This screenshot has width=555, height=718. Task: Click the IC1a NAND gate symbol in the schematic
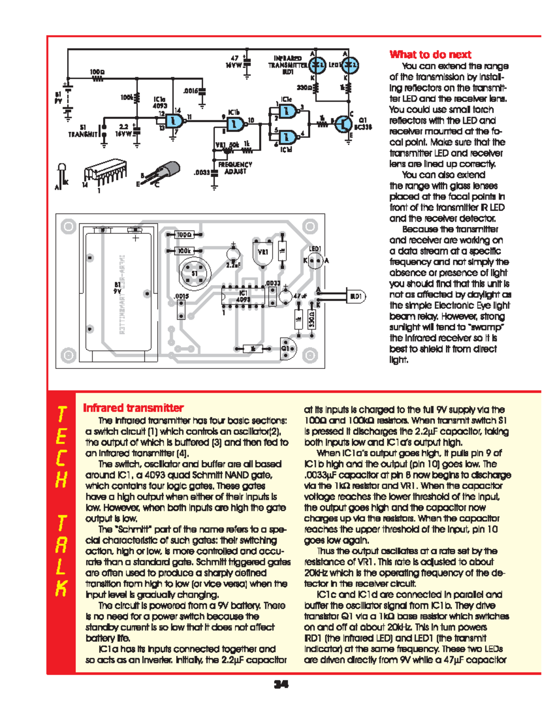pyautogui.click(x=175, y=121)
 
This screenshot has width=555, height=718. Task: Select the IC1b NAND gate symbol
pyautogui.click(x=234, y=123)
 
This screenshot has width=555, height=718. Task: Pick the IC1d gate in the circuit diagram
pyautogui.click(x=288, y=137)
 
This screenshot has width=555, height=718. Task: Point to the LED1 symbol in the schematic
pyautogui.click(x=351, y=65)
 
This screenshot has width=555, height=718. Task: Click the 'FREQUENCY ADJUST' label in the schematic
pyautogui.click(x=235, y=168)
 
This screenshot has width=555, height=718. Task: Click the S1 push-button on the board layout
pyautogui.click(x=195, y=273)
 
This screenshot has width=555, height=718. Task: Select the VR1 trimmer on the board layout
pyautogui.click(x=263, y=252)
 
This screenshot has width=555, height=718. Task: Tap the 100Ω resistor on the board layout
pyautogui.click(x=184, y=235)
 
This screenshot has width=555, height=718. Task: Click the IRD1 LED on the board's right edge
pyautogui.click(x=355, y=296)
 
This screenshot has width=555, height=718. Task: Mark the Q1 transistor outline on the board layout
pyautogui.click(x=288, y=349)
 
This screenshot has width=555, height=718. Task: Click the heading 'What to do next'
pyautogui.click(x=430, y=55)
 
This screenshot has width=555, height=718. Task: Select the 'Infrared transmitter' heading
pyautogui.click(x=133, y=408)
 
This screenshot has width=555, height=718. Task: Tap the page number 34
pyautogui.click(x=281, y=684)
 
